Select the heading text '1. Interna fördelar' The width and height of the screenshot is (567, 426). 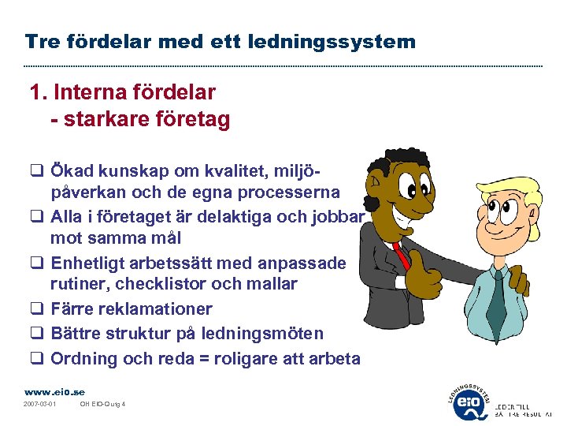click(122, 93)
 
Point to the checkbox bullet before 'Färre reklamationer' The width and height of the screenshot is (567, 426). click(36, 309)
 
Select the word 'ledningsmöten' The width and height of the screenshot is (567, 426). click(270, 334)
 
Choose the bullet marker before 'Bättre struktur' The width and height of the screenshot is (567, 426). click(36, 334)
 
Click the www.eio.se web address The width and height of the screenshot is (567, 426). click(54, 391)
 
